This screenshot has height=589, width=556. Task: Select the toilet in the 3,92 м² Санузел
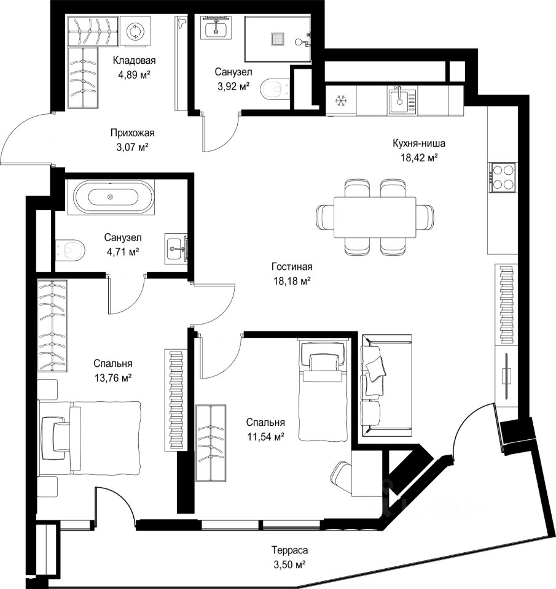(275, 90)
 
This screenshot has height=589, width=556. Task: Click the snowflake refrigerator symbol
(341, 101)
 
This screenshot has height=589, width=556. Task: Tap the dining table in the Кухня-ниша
(375, 217)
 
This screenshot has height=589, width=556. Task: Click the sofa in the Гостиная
(386, 386)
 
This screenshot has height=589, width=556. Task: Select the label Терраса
(289, 550)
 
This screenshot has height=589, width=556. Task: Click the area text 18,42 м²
(419, 158)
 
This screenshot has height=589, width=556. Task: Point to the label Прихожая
(133, 133)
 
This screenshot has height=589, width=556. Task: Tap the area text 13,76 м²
(113, 378)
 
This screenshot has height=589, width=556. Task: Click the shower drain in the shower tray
(278, 39)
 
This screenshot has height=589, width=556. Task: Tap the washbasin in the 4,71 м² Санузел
(177, 248)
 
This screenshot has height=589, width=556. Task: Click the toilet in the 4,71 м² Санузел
(71, 249)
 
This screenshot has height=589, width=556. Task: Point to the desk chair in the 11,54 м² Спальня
(342, 475)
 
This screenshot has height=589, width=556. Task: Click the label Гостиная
(292, 267)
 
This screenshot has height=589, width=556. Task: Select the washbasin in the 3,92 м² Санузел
(216, 27)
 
